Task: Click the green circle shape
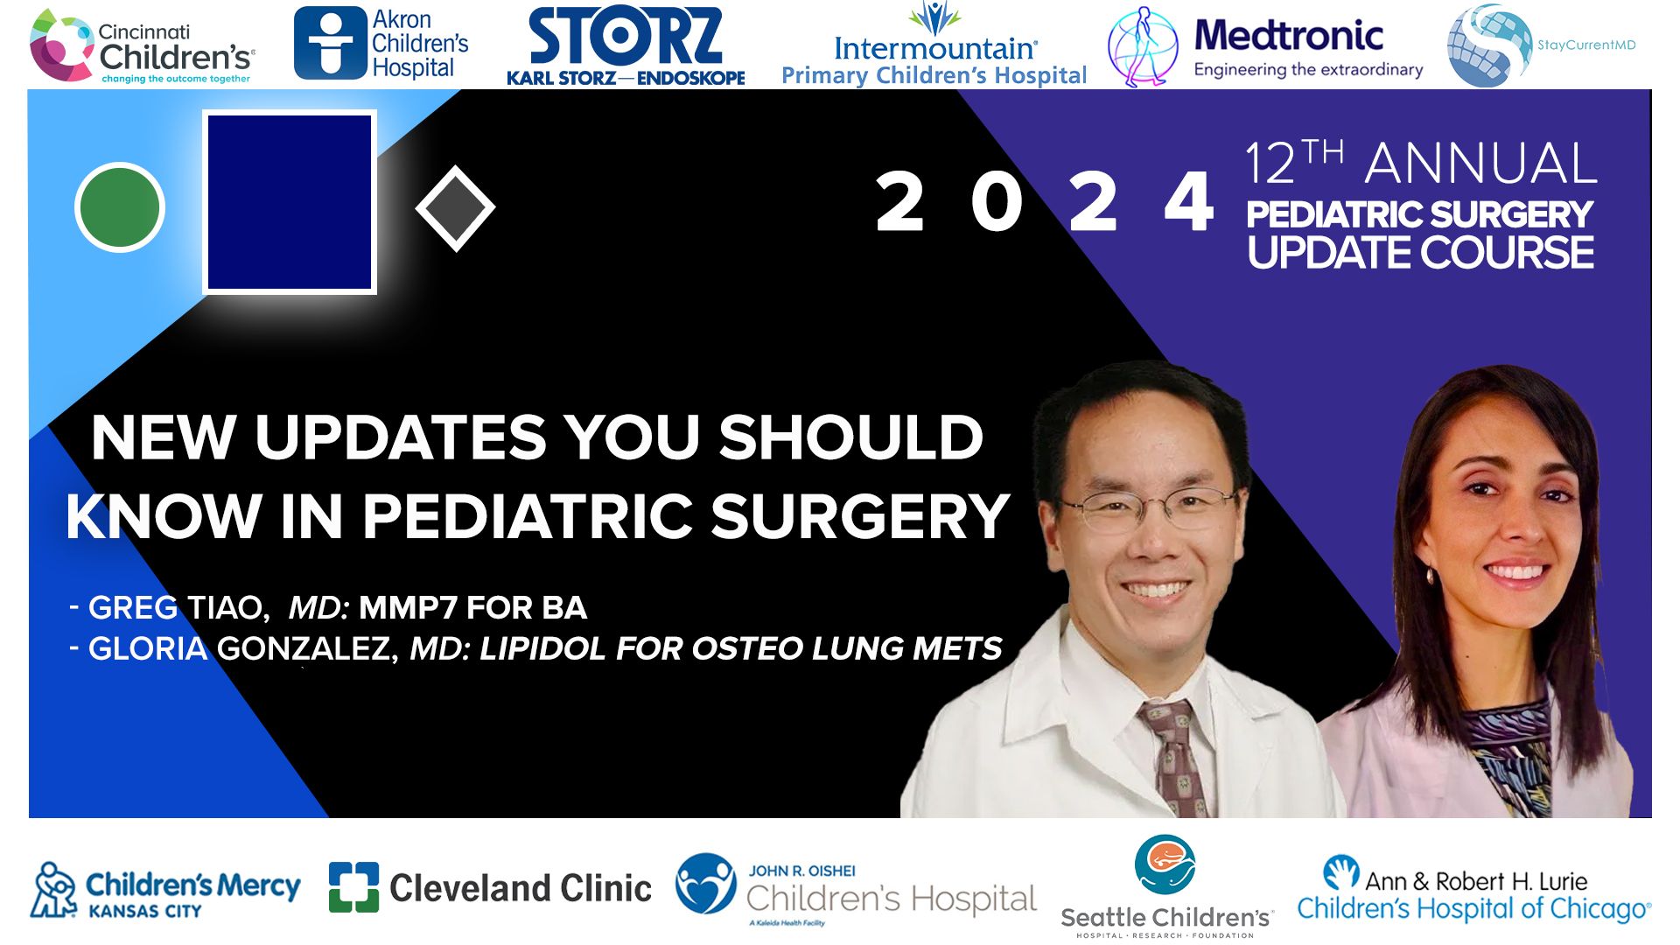(120, 207)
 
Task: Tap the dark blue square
(290, 202)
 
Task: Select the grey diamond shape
(455, 208)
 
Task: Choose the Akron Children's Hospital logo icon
(329, 43)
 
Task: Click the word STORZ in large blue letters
(626, 37)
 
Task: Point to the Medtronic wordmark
(1289, 36)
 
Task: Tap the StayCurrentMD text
(1586, 45)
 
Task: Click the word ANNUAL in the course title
(1480, 164)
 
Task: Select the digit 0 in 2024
(997, 202)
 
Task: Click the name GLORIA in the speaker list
(148, 648)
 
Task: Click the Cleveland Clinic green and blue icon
(353, 887)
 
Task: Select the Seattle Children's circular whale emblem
(1165, 864)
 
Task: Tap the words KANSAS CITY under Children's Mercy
(145, 911)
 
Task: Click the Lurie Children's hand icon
(1340, 872)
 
